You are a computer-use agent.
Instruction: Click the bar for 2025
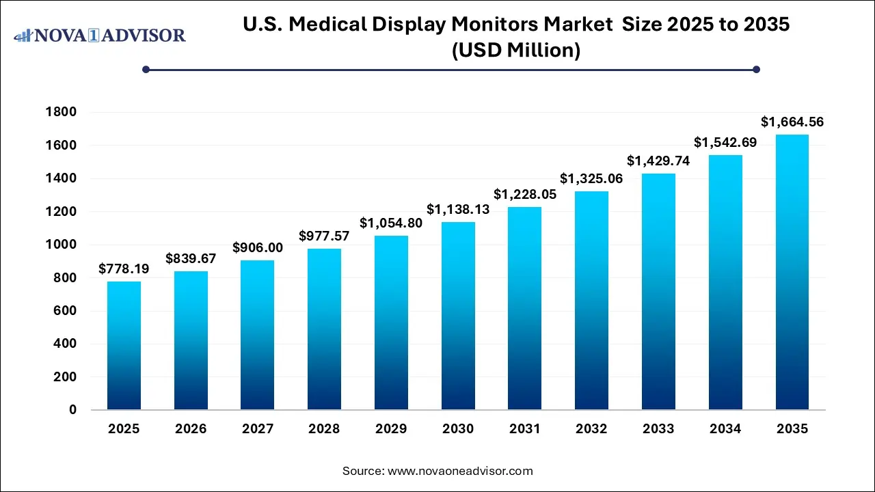coord(124,346)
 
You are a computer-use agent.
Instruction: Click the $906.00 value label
coord(258,247)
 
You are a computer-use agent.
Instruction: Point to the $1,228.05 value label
coord(524,194)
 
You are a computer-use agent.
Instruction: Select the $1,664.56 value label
coord(792,122)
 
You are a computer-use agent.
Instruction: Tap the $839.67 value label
coord(191,258)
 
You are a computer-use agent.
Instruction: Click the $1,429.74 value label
coord(658,161)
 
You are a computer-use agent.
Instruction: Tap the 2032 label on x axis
coord(591,429)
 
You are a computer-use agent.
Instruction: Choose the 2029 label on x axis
coord(391,429)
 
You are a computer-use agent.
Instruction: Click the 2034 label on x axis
coord(725,429)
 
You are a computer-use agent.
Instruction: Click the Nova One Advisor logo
coord(100,35)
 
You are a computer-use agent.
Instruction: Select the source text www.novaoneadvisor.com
coord(460,471)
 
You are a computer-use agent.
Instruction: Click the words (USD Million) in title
coord(516,51)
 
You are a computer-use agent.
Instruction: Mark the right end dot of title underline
coord(756,69)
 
